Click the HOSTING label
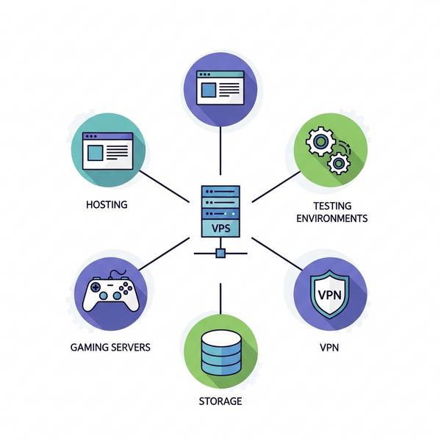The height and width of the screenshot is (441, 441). [107, 204]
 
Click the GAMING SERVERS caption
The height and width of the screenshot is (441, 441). [110, 346]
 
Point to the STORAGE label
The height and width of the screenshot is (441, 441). [220, 401]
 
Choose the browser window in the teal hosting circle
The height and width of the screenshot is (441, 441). [107, 151]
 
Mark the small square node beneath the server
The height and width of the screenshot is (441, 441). [220, 254]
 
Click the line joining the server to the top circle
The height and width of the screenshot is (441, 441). [220, 151]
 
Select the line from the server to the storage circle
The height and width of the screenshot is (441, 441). [220, 298]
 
